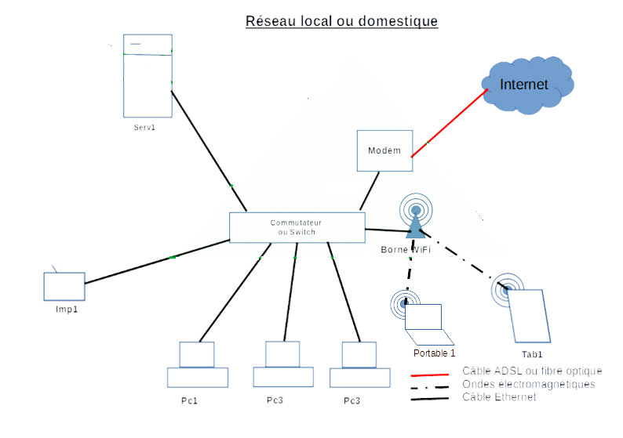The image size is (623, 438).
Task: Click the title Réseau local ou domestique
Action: click(x=341, y=21)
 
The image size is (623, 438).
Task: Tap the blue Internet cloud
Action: click(x=524, y=85)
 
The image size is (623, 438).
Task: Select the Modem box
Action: click(x=384, y=150)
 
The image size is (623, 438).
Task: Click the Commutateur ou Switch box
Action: click(x=297, y=227)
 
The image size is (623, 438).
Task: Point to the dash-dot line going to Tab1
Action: click(x=463, y=259)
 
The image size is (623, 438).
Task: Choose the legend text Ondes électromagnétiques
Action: click(x=529, y=384)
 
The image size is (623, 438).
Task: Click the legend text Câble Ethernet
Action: click(x=499, y=397)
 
